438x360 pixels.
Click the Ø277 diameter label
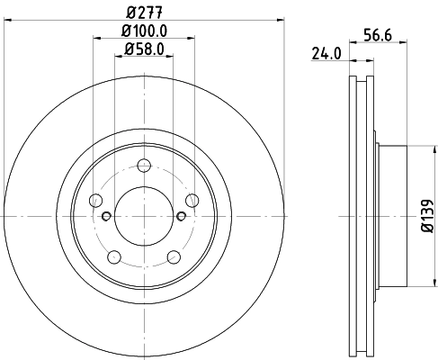tap(143, 12)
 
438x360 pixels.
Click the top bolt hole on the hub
tap(144, 165)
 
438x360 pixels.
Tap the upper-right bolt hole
tap(192, 200)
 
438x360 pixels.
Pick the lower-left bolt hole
tap(114, 257)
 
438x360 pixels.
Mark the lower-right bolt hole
tap(174, 257)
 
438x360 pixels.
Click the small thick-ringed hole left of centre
tap(107, 216)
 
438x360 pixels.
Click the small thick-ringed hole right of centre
tap(181, 216)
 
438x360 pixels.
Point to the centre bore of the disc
tap(144, 216)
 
